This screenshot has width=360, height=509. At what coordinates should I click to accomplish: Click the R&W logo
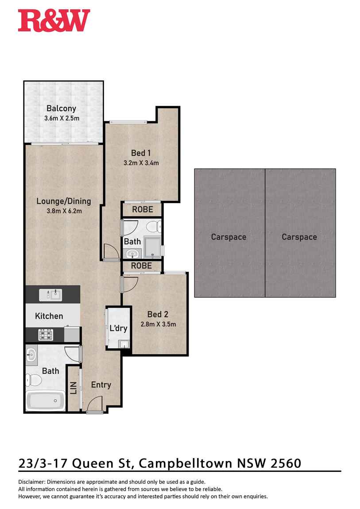(x=54, y=20)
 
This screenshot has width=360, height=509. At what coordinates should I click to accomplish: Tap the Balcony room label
(x=62, y=108)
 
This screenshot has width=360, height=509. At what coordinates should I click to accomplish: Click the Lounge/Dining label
(x=64, y=201)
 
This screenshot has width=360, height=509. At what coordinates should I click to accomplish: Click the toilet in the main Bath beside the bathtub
(x=34, y=380)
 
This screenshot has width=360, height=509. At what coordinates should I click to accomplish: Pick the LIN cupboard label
(x=74, y=388)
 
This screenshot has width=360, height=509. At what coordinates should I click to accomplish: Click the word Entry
(x=101, y=385)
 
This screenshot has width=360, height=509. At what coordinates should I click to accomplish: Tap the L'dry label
(x=118, y=328)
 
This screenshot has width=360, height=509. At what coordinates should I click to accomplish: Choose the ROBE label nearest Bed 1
(x=142, y=210)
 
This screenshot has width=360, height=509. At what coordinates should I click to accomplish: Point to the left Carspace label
(x=228, y=237)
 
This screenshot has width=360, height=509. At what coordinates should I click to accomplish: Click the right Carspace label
(x=299, y=237)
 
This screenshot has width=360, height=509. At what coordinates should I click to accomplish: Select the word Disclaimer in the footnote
(x=32, y=482)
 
